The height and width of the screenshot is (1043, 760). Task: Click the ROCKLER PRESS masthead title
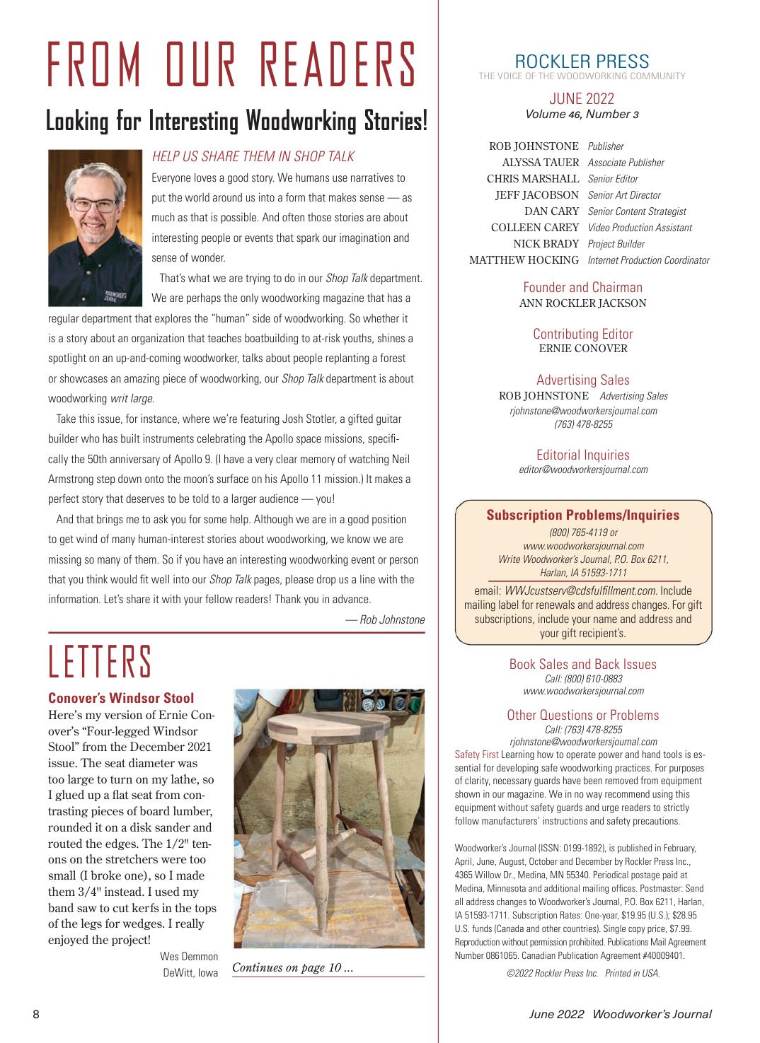tap(582, 61)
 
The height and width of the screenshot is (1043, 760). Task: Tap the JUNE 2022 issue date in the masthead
tap(582, 98)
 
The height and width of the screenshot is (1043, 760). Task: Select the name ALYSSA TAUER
tap(541, 163)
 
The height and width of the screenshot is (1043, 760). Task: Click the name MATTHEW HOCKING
tap(524, 260)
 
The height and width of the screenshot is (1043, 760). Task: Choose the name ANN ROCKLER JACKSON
tap(582, 303)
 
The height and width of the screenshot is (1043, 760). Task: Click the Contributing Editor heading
tap(582, 334)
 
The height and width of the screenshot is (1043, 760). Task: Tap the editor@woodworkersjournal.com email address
tap(583, 470)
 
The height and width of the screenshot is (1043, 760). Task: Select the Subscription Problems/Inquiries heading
tap(582, 515)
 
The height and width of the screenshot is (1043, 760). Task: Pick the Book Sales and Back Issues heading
tap(582, 664)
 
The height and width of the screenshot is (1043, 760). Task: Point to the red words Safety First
tap(476, 754)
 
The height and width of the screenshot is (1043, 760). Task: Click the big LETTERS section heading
tap(100, 662)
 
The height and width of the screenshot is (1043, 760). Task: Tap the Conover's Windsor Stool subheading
tap(121, 699)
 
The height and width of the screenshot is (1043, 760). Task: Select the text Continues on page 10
tap(292, 967)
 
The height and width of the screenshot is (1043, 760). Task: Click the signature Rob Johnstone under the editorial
tap(392, 620)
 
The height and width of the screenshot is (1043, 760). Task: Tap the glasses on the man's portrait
tap(94, 206)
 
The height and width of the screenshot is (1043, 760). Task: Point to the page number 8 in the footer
tap(36, 1015)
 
